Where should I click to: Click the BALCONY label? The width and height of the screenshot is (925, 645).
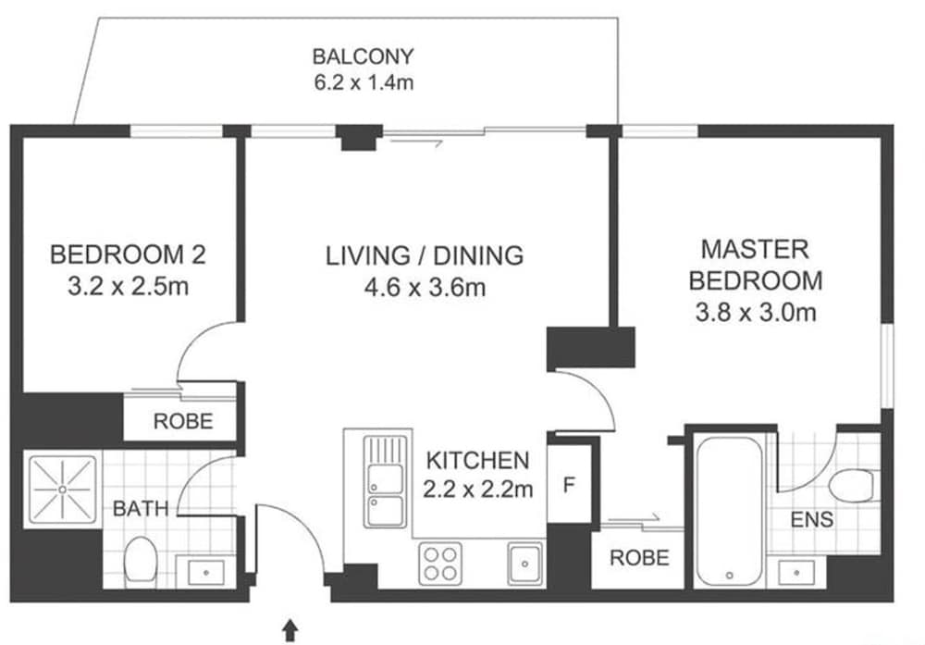coord(363,56)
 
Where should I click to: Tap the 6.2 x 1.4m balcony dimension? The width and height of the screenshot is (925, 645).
coord(364,82)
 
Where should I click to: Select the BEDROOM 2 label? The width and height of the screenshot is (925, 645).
coord(128,254)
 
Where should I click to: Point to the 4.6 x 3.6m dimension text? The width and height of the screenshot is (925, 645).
coord(425,288)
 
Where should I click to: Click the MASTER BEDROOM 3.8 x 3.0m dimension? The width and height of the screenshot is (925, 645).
coord(756,312)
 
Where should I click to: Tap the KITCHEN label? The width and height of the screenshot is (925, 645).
coord(478,460)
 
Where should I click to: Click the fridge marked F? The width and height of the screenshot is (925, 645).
coord(569,484)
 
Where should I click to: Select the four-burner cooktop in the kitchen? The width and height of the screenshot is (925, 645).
coord(440,564)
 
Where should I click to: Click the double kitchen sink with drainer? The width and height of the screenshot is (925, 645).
coord(385,481)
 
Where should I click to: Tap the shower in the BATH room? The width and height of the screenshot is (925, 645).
coord(62,490)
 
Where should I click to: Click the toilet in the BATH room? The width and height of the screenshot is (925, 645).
coord(141,559)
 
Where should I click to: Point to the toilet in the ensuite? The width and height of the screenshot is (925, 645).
coord(851,486)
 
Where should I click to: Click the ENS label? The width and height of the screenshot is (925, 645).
coord(812,520)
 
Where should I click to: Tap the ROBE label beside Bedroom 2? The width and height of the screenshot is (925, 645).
coord(183,421)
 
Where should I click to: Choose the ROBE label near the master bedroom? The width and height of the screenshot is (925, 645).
coord(639,558)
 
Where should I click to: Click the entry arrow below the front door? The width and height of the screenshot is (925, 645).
coord(290,630)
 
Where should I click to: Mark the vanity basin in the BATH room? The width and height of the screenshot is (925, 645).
coord(206,573)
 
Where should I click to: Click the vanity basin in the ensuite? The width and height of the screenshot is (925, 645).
coord(795,573)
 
